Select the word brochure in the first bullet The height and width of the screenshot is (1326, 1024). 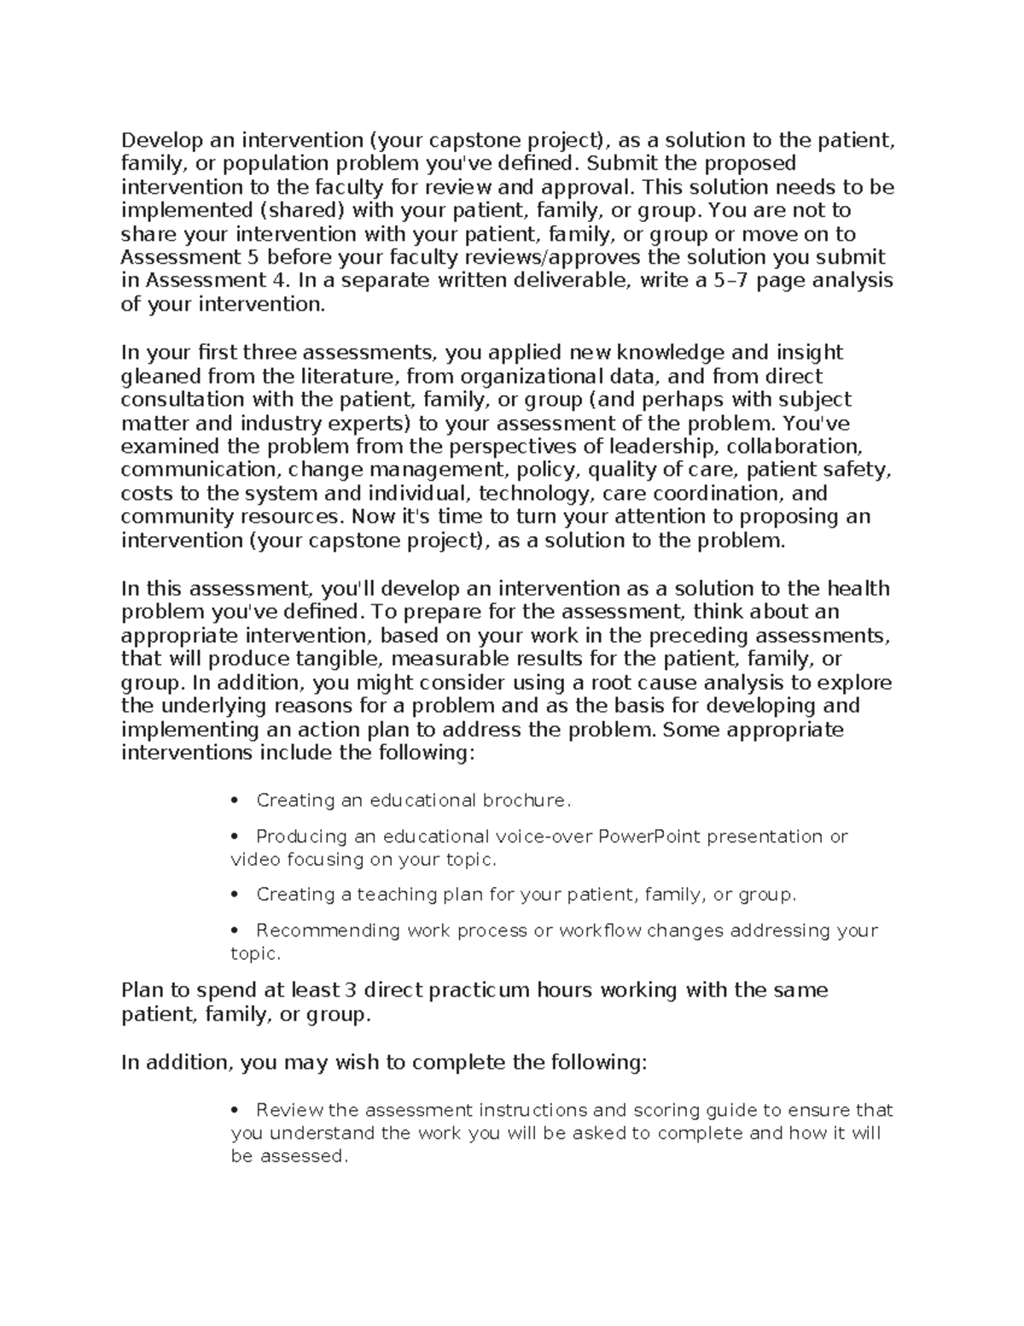click(526, 801)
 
